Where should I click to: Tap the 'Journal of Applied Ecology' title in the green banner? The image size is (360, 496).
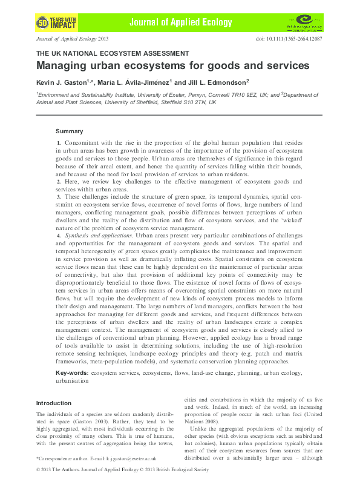[180, 22]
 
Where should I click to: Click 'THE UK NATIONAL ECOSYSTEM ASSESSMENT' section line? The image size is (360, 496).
[113, 53]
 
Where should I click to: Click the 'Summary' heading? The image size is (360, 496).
[69, 131]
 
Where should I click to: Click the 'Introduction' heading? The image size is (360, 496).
[53, 403]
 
